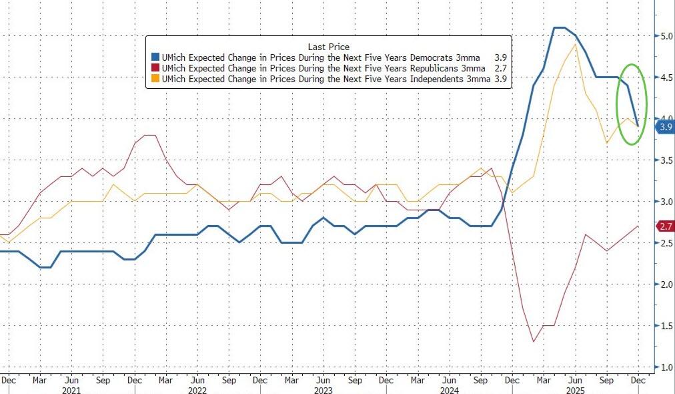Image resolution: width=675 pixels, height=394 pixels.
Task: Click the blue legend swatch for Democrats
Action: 154,57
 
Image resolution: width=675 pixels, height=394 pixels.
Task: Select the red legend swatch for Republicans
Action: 154,68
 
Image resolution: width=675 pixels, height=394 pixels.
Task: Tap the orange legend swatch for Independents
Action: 154,78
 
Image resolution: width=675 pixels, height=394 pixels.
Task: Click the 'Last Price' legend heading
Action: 328,46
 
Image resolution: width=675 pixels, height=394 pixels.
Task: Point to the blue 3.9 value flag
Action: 664,126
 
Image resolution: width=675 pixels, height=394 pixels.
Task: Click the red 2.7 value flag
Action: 664,226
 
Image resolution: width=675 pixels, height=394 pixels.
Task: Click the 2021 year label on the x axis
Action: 71,390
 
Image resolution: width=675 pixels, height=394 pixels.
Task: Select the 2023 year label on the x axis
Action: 323,390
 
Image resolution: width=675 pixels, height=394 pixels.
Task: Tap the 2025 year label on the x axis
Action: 575,390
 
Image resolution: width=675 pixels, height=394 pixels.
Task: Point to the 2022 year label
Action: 197,390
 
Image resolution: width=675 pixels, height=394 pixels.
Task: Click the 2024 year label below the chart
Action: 450,390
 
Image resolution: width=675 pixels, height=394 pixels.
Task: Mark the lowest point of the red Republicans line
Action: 534,342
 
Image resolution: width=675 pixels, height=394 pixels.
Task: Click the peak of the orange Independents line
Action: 576,45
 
